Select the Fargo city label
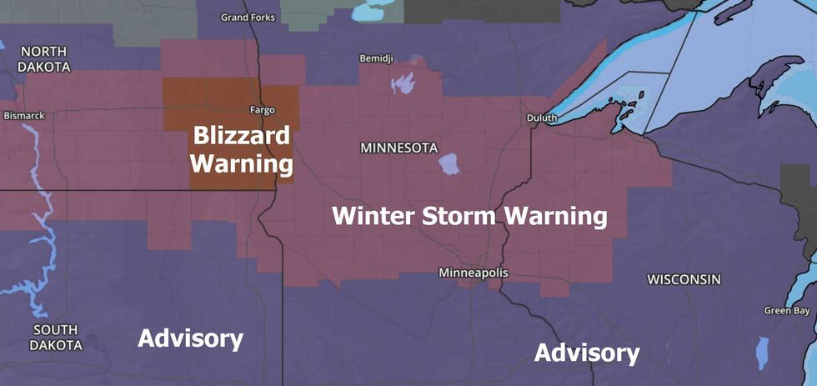[262, 109]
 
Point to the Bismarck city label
[24, 115]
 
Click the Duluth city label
[541, 118]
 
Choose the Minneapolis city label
[473, 273]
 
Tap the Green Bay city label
[787, 311]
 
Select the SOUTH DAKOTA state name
[57, 337]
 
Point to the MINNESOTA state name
[398, 148]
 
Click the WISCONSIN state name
[684, 278]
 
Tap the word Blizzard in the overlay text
[242, 136]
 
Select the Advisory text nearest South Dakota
[190, 338]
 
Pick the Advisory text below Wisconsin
[587, 353]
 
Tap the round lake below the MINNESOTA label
[449, 163]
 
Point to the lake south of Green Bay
[762, 352]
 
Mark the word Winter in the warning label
[372, 216]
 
